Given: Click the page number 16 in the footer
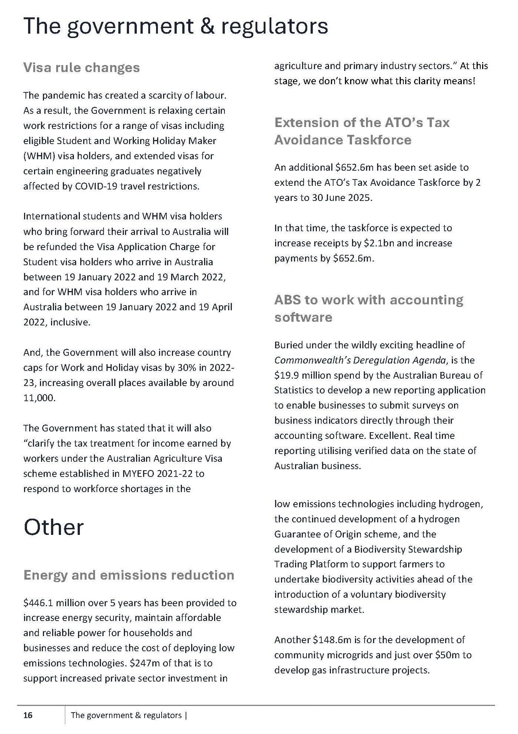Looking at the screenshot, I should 28,715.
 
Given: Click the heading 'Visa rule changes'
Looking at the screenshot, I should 81,68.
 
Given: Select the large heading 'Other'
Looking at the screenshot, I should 54,527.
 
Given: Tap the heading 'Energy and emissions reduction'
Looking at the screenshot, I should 129,575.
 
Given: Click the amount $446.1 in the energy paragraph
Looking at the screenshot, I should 38,603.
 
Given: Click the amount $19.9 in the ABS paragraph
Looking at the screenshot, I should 287,375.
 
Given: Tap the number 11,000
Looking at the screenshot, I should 39,398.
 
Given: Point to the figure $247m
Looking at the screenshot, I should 145,663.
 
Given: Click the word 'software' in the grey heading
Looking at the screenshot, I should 303,317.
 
